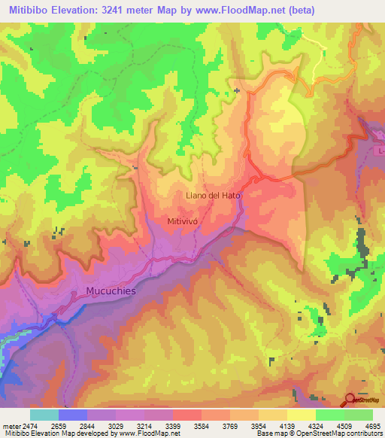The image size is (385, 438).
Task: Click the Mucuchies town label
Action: [105, 291]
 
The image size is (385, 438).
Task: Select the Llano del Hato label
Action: [214, 195]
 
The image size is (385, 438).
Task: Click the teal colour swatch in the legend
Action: [44, 415]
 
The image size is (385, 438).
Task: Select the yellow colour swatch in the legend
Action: [300, 415]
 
